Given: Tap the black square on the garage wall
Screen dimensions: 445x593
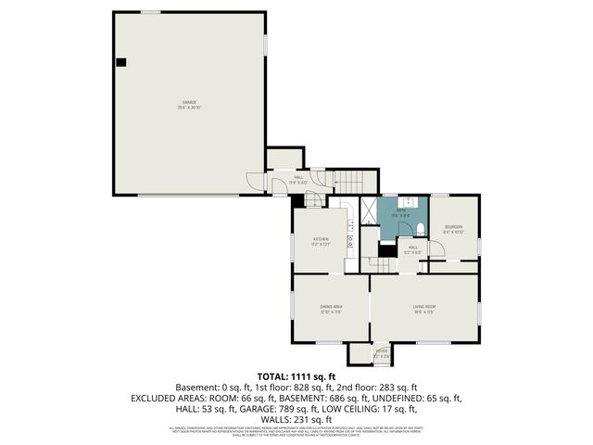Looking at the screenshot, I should coord(120,62).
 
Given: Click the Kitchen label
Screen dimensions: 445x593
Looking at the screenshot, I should coord(321,242).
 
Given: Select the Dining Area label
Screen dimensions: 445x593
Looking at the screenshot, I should coord(331,308).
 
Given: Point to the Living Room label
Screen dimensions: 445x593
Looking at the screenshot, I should coord(424,308).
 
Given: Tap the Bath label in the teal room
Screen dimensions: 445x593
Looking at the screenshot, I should coord(401,212).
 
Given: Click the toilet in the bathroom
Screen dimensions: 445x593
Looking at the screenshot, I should coord(418,229).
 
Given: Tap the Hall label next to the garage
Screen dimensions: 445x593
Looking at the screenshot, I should coord(298,179).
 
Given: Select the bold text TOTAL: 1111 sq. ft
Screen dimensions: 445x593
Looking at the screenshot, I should coord(296,375).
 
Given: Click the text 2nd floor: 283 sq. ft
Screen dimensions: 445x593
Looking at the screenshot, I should coord(380,386).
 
